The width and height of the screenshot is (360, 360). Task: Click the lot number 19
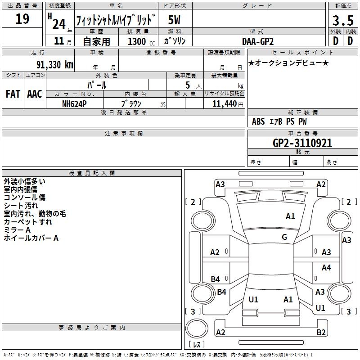coord(22,19)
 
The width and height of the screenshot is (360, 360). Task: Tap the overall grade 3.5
coord(343,20)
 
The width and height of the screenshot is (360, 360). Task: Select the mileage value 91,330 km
coord(54,65)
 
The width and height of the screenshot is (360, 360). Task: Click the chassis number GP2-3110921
coord(302,143)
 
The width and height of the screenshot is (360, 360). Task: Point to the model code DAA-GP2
coord(258,41)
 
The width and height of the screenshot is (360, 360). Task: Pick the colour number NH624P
coord(74,104)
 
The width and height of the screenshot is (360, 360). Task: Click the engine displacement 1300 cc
coord(141,41)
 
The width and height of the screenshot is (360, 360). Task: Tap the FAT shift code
coord(13,94)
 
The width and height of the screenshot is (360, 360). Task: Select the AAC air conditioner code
coord(35,94)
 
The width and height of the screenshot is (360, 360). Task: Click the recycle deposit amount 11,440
coord(225,104)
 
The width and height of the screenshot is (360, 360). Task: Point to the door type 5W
coord(174,20)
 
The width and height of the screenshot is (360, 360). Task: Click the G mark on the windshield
coord(284,237)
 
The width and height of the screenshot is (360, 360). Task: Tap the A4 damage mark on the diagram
coord(326,267)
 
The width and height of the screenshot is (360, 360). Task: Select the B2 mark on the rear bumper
coord(321,332)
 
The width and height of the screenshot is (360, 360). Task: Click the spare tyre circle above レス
coord(197,329)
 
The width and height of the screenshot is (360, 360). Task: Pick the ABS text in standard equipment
coord(258,121)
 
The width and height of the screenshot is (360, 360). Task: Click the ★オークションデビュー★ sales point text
coord(288,63)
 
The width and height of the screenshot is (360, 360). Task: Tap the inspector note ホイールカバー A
coord(31,238)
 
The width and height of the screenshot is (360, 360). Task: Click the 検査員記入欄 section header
coord(92,173)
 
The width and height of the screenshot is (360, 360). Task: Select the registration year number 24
coord(59,24)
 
